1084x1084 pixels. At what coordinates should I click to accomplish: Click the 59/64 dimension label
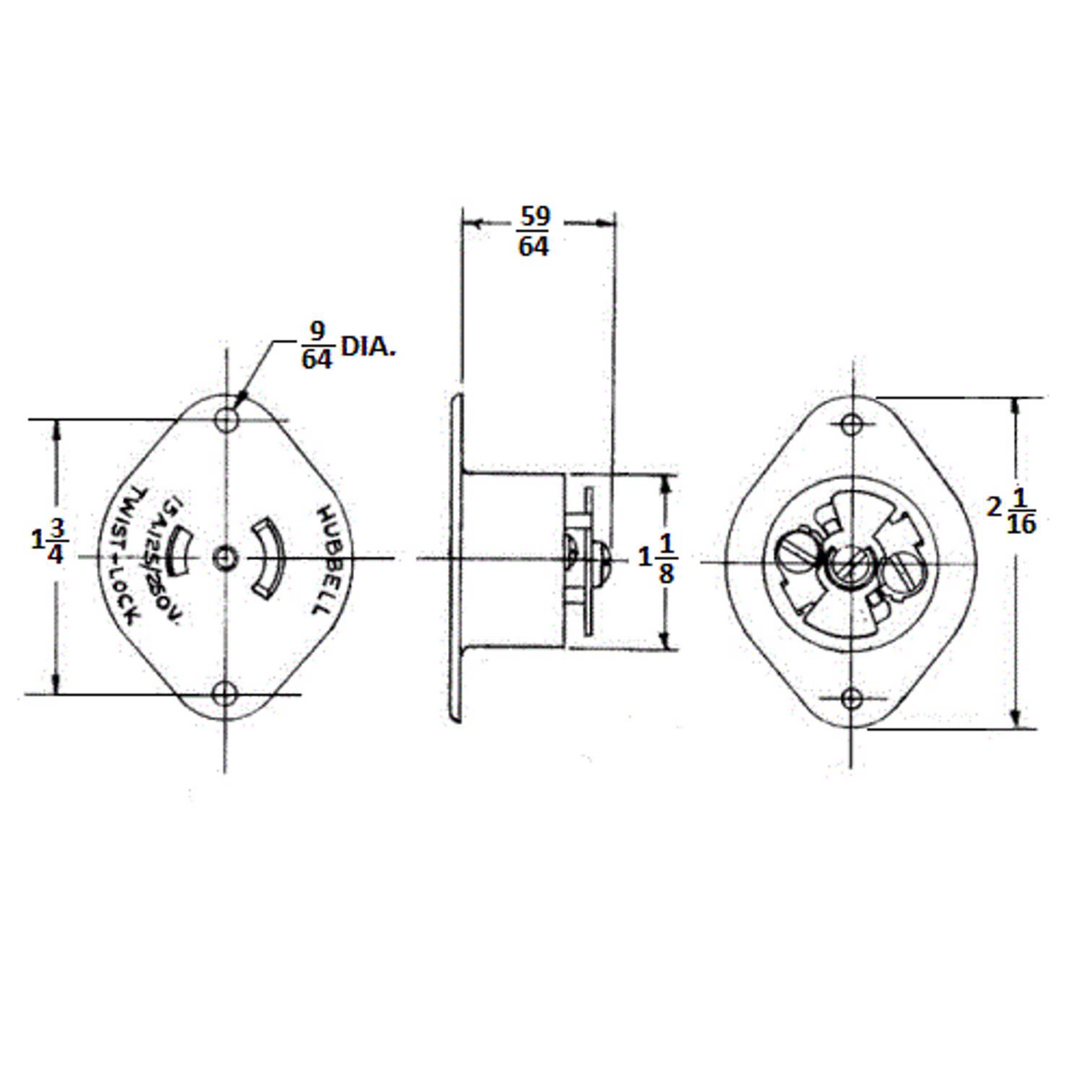tap(533, 232)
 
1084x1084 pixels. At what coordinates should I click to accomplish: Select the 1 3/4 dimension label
tap(50, 541)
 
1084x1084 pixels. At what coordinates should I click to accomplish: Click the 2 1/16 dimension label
tap(1012, 509)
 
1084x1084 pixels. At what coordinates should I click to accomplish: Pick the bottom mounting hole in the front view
tap(224, 694)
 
